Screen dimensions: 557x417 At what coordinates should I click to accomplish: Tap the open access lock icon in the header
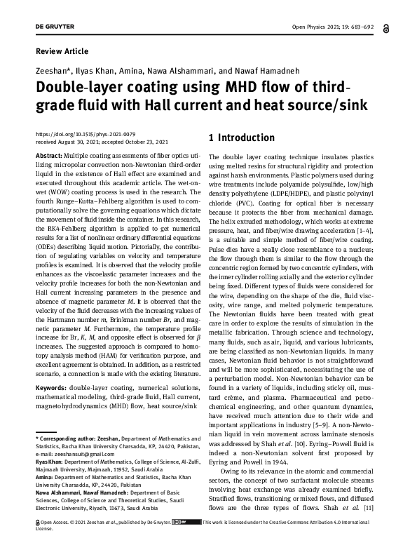pyautogui.click(x=386, y=27)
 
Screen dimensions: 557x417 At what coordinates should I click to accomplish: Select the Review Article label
pyautogui.click(x=62, y=51)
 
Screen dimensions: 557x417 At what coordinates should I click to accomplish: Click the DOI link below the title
pyautogui.click(x=85, y=133)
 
